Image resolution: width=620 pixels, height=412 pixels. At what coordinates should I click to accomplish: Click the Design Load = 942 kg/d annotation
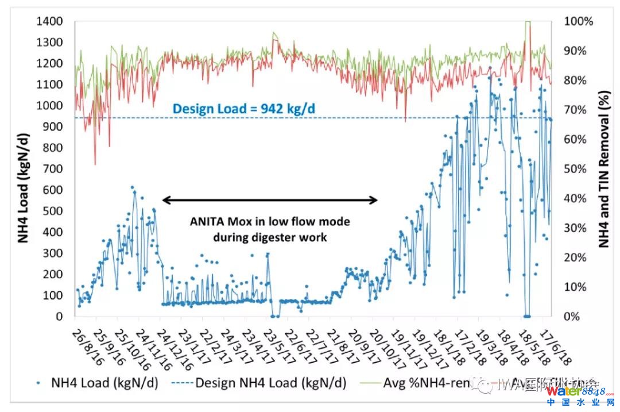[x=245, y=108]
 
